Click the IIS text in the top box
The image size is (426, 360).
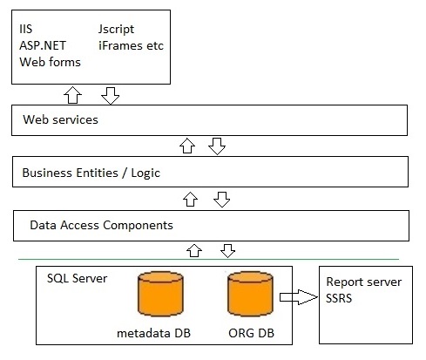point(26,29)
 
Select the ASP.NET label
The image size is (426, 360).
point(43,45)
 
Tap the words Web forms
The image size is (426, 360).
point(50,62)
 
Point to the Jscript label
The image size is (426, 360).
point(116,30)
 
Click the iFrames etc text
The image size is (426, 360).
point(131,45)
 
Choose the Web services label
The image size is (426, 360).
point(60,119)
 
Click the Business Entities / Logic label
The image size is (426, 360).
point(91,173)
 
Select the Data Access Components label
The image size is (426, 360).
point(101,225)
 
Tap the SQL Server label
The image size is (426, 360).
point(77,278)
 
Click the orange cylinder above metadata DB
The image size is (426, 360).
point(160,294)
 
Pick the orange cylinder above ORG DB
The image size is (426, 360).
point(250,294)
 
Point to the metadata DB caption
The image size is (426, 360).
point(153,333)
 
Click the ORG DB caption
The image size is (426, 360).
point(251,333)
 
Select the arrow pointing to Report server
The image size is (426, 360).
point(299,297)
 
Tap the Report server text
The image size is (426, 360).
point(364,282)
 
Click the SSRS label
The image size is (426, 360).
point(339,298)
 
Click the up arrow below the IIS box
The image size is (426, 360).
point(72,95)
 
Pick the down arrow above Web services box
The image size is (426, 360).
point(111,96)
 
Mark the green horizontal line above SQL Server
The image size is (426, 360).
point(208,259)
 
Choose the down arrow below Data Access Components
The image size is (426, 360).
point(227,251)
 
